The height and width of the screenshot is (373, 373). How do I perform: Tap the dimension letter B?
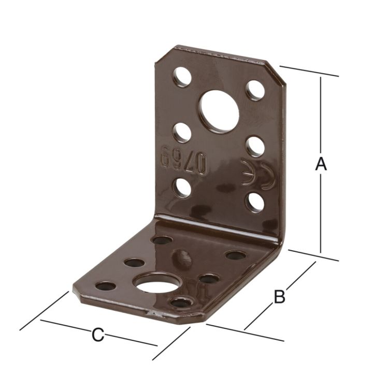pyautogui.click(x=279, y=297)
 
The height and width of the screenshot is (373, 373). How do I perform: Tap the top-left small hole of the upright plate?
pyautogui.click(x=182, y=77)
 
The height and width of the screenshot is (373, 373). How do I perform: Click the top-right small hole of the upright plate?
pyautogui.click(x=254, y=90)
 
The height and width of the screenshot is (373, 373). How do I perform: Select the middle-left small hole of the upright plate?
pyautogui.click(x=181, y=133)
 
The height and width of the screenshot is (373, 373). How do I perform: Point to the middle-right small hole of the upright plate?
pyautogui.click(x=254, y=146)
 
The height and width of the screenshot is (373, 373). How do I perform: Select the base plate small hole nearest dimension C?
pyautogui.click(x=106, y=286)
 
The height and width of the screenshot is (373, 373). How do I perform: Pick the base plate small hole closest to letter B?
pyautogui.click(x=235, y=255)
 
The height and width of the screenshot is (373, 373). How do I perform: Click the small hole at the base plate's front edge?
pyautogui.click(x=180, y=303)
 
